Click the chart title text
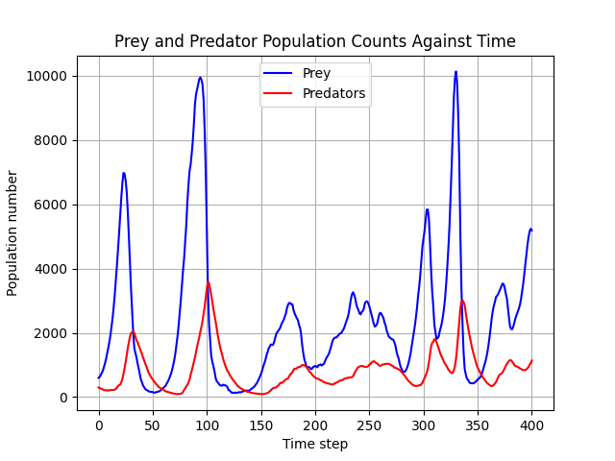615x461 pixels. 314,41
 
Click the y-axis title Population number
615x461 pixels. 12,232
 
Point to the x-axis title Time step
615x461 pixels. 314,444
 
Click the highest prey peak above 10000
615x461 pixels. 455,72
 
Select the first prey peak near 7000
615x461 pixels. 124,174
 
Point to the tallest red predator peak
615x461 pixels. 208,281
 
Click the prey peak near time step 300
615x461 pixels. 427,209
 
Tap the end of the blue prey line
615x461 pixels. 531,230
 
